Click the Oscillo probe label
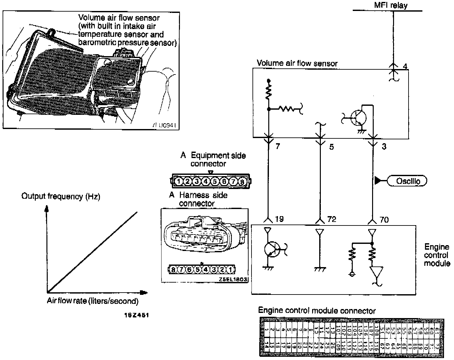click(x=408, y=181)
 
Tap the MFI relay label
click(x=391, y=5)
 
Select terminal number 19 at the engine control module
click(x=279, y=219)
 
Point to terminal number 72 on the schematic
click(x=331, y=219)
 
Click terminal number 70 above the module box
click(x=384, y=219)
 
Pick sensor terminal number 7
click(x=278, y=146)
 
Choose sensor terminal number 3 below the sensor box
click(x=384, y=146)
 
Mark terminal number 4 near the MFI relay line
click(x=405, y=66)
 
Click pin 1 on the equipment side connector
click(x=178, y=181)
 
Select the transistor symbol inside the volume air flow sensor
click(x=357, y=118)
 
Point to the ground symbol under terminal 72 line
click(x=320, y=269)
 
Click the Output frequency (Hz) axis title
click(x=61, y=196)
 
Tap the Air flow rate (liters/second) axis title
click(x=93, y=301)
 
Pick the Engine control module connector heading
click(x=317, y=311)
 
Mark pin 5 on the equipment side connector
click(x=215, y=181)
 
